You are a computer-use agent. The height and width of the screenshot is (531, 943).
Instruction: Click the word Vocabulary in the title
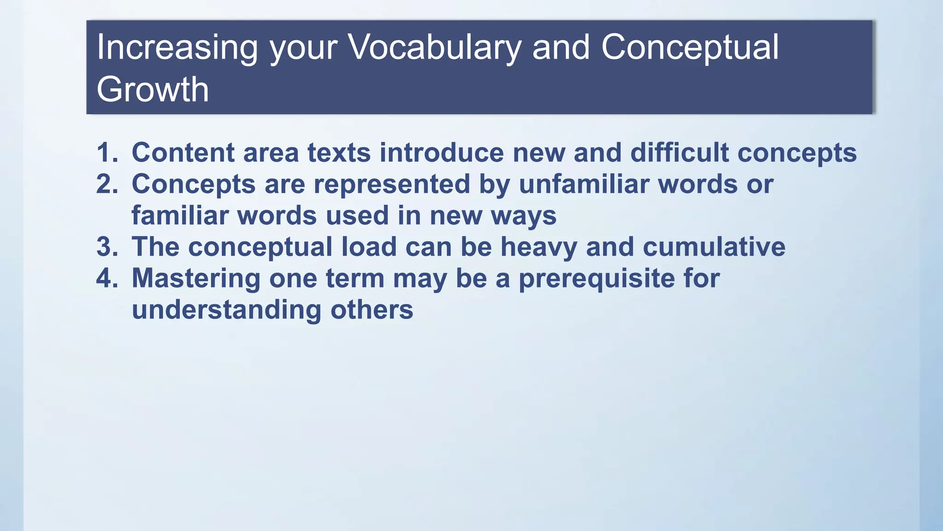434,48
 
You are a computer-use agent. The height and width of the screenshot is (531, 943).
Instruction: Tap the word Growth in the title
152,89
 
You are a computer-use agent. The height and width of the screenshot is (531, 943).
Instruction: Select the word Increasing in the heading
177,48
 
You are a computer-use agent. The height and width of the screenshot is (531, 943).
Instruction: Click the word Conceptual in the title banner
689,48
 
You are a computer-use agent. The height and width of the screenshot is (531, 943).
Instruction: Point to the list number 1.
106,153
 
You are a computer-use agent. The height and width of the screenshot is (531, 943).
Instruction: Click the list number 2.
106,184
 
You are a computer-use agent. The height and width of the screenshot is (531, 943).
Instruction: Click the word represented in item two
392,184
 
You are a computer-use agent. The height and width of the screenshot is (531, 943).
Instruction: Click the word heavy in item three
538,248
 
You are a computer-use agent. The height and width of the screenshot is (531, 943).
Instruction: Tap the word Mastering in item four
196,279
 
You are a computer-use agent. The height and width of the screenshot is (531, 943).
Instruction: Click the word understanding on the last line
226,310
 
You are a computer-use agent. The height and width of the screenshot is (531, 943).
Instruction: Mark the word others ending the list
372,310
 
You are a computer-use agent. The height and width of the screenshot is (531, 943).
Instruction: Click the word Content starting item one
183,153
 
